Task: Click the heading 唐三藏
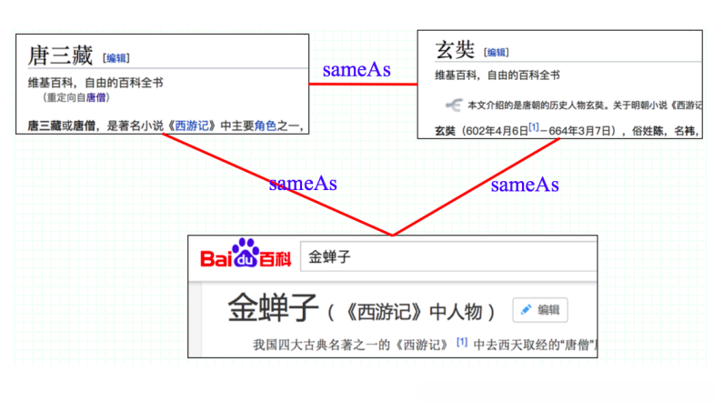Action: pos(60,55)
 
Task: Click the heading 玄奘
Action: pos(454,50)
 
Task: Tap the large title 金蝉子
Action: pos(272,309)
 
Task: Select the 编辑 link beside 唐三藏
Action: pos(115,58)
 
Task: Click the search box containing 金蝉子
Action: pos(446,257)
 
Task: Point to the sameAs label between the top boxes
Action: pos(357,70)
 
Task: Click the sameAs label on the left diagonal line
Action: pos(303,184)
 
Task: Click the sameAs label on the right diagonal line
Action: pos(525,185)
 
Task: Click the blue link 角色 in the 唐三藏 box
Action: pos(266,126)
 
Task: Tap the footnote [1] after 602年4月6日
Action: pos(534,129)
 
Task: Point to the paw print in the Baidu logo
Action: pos(245,249)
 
